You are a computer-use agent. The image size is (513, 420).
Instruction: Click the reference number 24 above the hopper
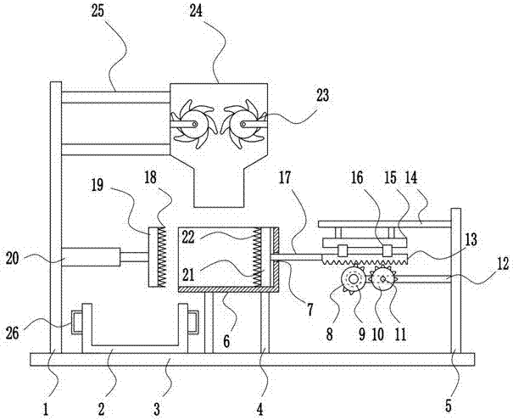pos(197,11)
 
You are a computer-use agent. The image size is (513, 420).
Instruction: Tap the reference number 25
pos(98,11)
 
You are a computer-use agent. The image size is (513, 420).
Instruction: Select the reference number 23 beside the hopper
pos(322,96)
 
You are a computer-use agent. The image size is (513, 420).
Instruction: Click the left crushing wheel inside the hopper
pos(192,125)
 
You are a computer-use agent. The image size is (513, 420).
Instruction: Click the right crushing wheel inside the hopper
pos(243,125)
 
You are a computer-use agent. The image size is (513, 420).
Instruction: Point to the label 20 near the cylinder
pos(13,259)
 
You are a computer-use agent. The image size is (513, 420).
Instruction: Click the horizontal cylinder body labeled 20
pos(91,257)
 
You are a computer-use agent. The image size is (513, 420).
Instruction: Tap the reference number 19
pos(98,186)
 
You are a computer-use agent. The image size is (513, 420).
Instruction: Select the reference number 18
pos(150,177)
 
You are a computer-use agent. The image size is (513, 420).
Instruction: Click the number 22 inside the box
pos(188,238)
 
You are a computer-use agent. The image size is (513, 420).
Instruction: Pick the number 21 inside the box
pos(188,275)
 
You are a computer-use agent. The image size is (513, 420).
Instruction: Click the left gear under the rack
pos(354,279)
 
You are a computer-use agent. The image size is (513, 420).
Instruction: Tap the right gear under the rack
pos(383,278)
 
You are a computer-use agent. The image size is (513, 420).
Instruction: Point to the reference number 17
pos(285,177)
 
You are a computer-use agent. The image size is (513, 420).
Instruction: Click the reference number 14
pos(411,177)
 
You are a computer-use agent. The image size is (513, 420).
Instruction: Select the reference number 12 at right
pos(503,264)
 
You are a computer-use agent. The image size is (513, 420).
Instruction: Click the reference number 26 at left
pos(13,334)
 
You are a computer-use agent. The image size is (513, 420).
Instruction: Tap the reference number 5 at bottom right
pos(448,406)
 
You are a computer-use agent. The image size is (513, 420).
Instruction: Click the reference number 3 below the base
pos(157,409)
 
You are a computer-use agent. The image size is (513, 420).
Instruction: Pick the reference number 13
pos(471,240)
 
